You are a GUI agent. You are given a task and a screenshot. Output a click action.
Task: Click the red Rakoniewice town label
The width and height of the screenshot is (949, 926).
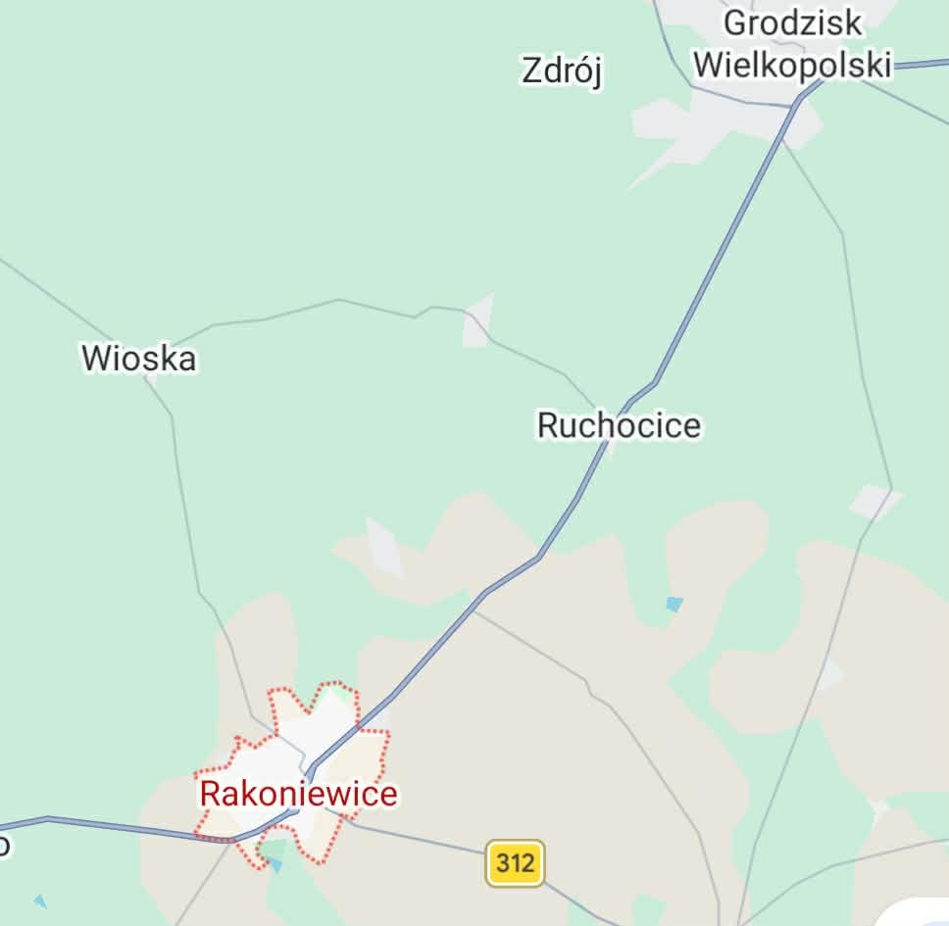(x=299, y=793)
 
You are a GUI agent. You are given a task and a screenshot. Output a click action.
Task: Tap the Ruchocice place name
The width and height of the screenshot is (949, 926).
(x=619, y=425)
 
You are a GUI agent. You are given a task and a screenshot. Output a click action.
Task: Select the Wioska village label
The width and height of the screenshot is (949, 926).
(x=138, y=358)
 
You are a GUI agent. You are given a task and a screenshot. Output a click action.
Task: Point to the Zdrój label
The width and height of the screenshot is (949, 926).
(x=562, y=71)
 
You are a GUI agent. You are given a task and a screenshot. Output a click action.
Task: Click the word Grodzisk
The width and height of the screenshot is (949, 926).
(x=792, y=23)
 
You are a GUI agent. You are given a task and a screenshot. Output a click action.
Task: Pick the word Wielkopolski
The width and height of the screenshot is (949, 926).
(x=792, y=65)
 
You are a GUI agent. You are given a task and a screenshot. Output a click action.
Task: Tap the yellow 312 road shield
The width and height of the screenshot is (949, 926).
(x=515, y=863)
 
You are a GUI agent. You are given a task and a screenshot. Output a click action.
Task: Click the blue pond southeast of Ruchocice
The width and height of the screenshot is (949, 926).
(x=674, y=604)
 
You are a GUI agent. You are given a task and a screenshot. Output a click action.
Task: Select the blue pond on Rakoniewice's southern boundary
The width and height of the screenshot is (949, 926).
(x=275, y=864)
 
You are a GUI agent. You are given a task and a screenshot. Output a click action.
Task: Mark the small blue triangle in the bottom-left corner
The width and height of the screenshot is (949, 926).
(x=39, y=901)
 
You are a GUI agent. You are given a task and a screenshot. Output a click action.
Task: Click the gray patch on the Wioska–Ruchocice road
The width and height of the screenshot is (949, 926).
(x=477, y=321)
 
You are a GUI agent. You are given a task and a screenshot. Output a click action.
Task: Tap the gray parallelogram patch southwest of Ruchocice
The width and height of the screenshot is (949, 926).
(x=383, y=549)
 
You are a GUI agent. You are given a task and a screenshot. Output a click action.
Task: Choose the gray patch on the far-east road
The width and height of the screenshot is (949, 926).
(x=874, y=502)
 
